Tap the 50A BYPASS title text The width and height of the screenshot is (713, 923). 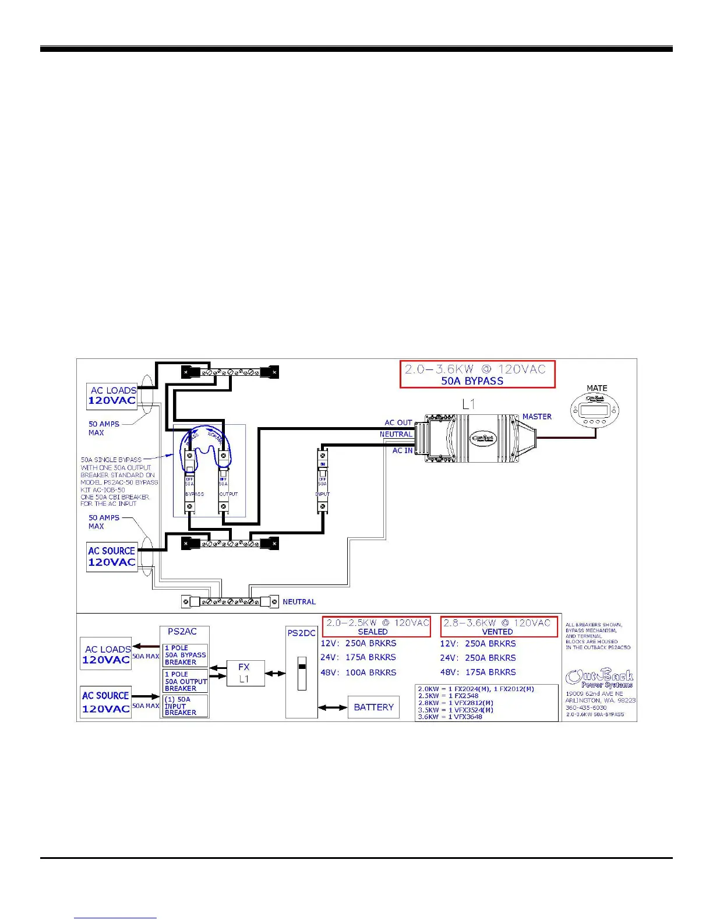click(472, 381)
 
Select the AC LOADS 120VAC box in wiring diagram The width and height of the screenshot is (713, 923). click(112, 396)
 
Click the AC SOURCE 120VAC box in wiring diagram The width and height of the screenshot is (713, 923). click(112, 556)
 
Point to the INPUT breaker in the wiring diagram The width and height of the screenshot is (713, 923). click(322, 480)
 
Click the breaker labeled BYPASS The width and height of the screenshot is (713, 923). click(190, 480)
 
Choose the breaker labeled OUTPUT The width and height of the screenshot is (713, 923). click(223, 480)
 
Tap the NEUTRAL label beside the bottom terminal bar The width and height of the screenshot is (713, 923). click(299, 602)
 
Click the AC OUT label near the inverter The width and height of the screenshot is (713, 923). click(398, 422)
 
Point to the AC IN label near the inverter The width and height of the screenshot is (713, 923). click(402, 450)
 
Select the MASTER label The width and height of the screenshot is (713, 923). click(536, 417)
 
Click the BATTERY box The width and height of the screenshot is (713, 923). click(373, 707)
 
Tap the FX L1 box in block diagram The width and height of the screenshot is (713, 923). click(244, 673)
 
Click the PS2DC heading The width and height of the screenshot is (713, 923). click(301, 633)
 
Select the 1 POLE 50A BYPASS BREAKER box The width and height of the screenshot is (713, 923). click(185, 655)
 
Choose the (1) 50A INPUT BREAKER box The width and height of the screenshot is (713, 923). click(185, 706)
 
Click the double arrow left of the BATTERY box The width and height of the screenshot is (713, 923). click(333, 707)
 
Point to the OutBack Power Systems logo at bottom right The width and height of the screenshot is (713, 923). click(599, 679)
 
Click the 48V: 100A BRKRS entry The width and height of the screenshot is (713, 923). click(358, 672)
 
